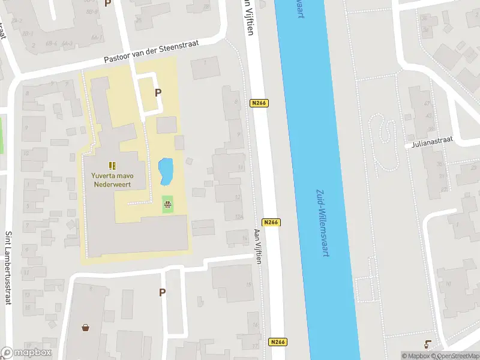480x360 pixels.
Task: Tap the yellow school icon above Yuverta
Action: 112,165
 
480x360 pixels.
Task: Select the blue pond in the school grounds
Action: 165,171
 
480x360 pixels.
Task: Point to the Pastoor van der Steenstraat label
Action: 159,52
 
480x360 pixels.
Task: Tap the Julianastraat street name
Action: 432,142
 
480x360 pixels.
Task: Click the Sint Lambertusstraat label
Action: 8,267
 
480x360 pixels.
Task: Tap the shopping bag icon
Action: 86,328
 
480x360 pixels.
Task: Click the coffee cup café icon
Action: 427,344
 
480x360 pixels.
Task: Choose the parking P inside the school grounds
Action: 158,93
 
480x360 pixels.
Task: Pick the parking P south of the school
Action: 162,292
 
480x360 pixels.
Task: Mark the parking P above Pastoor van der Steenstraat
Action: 108,3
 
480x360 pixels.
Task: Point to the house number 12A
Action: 239,217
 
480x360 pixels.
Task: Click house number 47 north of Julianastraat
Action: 428,103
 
